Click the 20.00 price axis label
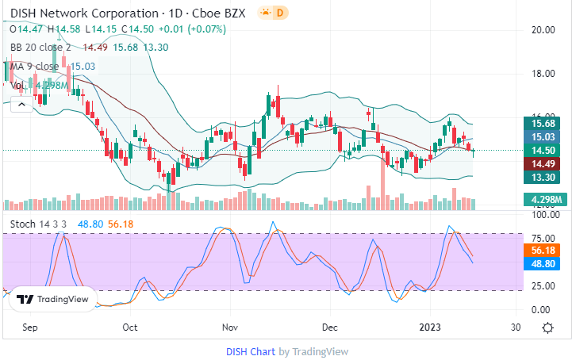[x=543, y=30]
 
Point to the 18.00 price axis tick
[x=543, y=74]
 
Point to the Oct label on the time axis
[x=131, y=327]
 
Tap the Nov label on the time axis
[x=230, y=327]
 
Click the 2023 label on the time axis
[x=430, y=327]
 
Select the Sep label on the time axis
[x=30, y=327]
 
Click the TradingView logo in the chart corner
[x=52, y=300]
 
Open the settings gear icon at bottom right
[x=547, y=327]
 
